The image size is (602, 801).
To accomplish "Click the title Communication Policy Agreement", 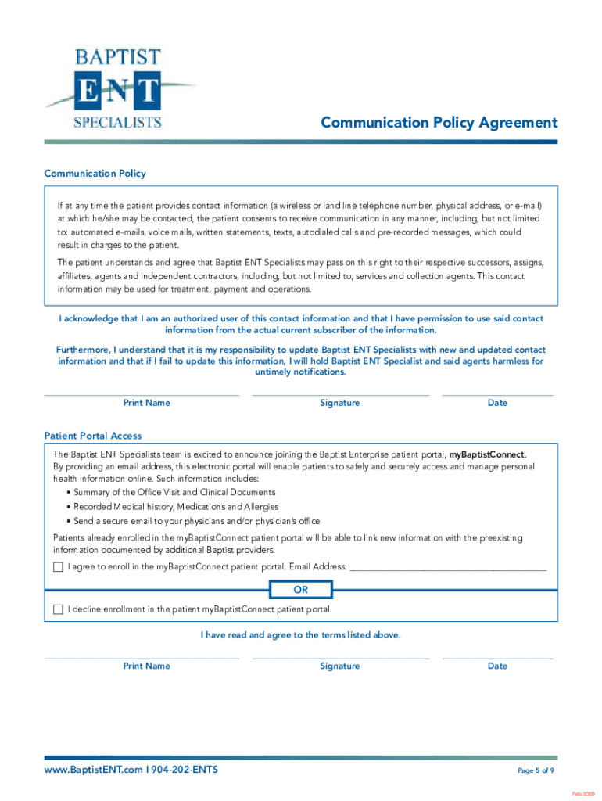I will (x=439, y=123).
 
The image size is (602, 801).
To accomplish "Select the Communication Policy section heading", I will (x=95, y=174).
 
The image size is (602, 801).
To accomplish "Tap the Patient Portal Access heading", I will (x=93, y=436).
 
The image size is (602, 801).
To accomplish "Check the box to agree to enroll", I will (x=58, y=566).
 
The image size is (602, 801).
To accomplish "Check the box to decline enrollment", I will (x=58, y=609).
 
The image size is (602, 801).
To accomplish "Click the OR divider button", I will (x=301, y=589).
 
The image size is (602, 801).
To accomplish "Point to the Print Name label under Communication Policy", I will (x=146, y=403).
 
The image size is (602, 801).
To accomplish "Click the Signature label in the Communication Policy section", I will (x=340, y=403).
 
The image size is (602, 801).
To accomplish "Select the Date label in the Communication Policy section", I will (x=497, y=403).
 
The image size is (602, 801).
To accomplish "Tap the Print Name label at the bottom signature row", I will (x=146, y=666).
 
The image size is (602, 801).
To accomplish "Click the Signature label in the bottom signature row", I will (x=340, y=666).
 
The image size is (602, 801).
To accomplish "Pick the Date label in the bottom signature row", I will (x=497, y=666).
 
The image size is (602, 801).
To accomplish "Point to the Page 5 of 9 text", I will (x=536, y=771).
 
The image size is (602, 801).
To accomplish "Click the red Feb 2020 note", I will (x=582, y=794).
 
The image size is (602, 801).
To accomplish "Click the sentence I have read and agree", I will (x=301, y=635).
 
